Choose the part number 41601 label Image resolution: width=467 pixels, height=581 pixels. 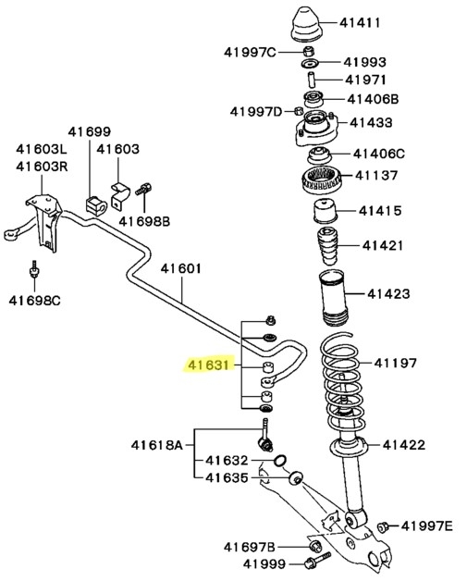(x=181, y=269)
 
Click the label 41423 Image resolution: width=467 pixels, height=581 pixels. (x=388, y=295)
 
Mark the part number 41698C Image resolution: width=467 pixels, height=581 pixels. (x=35, y=299)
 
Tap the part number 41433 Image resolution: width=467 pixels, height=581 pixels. (x=370, y=122)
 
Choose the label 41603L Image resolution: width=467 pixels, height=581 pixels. (x=39, y=149)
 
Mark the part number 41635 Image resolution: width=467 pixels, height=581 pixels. (x=227, y=478)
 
